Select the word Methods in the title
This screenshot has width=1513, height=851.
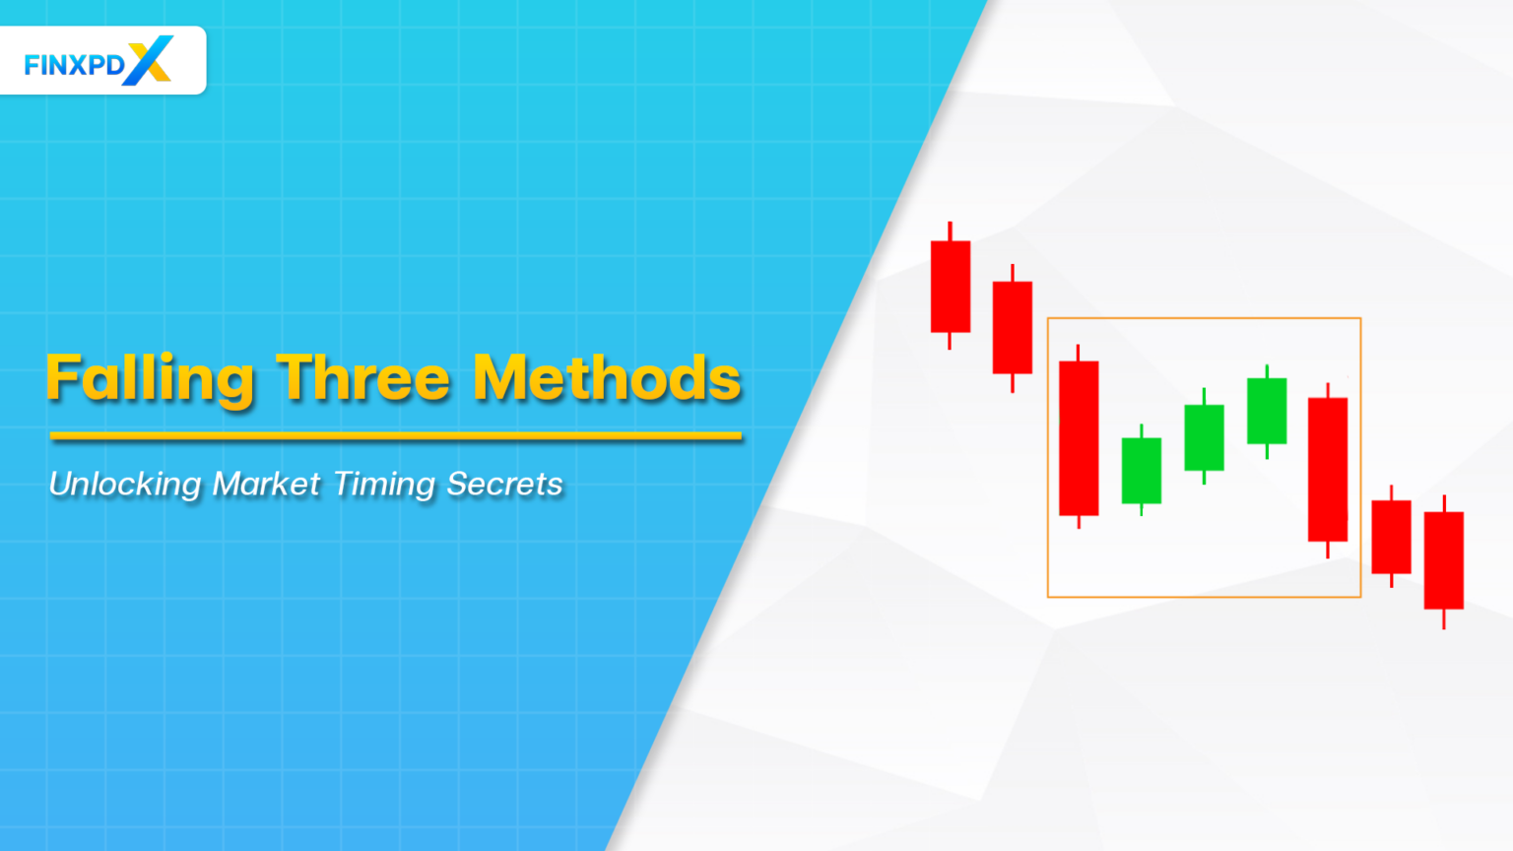[607, 378]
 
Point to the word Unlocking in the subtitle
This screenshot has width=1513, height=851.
[125, 484]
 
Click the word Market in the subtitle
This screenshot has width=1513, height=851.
[266, 484]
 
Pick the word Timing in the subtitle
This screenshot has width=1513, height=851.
[384, 485]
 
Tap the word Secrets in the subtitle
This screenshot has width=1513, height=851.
[504, 484]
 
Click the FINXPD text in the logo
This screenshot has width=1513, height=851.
[75, 65]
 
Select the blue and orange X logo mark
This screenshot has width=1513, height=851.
[149, 60]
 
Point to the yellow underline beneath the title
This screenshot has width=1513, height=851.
[395, 435]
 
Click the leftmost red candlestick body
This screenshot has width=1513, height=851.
[951, 287]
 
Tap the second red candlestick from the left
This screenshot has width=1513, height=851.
[1013, 328]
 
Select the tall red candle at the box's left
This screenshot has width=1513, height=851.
[1079, 438]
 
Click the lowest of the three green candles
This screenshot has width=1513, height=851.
[1142, 471]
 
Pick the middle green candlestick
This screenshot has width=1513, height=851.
[1204, 437]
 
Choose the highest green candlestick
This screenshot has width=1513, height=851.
[1267, 411]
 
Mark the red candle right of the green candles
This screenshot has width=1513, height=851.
[1328, 470]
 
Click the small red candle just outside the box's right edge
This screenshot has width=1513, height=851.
[1391, 537]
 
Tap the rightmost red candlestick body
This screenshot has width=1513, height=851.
[1444, 560]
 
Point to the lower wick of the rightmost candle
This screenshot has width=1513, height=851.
[1444, 620]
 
